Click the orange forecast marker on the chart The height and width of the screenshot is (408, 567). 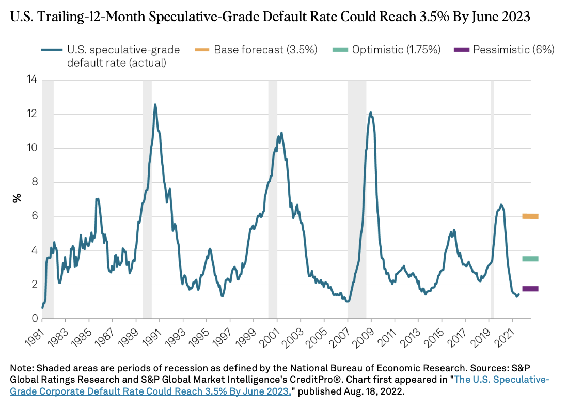click(x=530, y=216)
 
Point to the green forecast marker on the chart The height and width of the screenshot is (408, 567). click(x=530, y=259)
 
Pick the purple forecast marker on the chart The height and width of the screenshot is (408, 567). click(x=530, y=289)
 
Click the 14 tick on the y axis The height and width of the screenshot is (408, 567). click(x=32, y=80)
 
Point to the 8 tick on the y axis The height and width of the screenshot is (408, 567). click(x=34, y=182)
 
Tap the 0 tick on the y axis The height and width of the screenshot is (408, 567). click(x=34, y=319)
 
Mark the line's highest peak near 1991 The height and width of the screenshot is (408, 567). click(x=155, y=105)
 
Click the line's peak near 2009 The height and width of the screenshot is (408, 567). click(x=370, y=112)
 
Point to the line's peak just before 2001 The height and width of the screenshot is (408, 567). click(x=281, y=133)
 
